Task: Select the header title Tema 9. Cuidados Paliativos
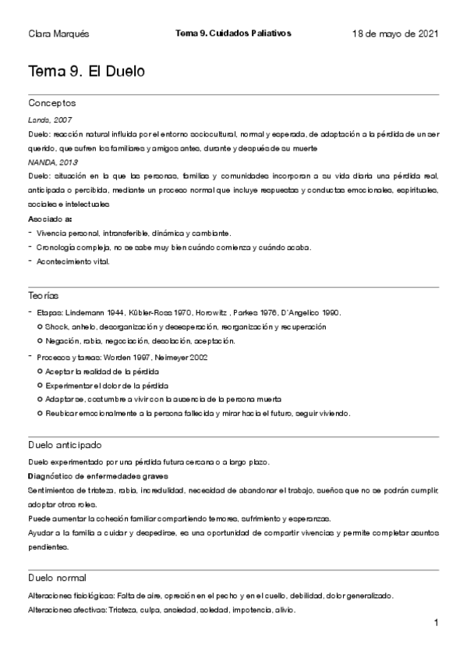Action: coord(233,34)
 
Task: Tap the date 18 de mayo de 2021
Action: coord(395,34)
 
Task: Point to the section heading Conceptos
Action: coord(51,103)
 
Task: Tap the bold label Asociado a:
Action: coord(49,219)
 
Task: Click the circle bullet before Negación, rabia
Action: coord(40,341)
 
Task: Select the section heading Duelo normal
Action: coord(57,578)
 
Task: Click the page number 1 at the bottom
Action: coord(437,623)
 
